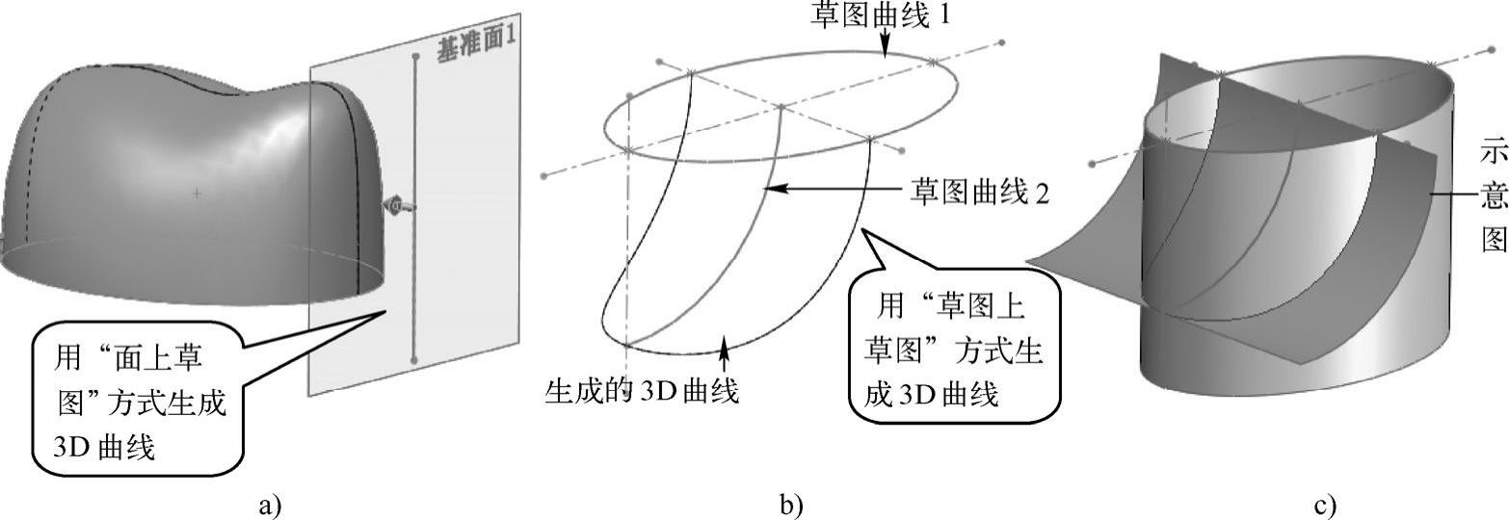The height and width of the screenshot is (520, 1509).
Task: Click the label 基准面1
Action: pos(477,47)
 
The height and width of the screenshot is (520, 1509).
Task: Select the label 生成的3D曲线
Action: pos(643,391)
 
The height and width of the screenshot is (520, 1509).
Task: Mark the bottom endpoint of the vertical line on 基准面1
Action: pos(414,360)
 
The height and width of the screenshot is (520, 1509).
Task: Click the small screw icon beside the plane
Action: pos(396,205)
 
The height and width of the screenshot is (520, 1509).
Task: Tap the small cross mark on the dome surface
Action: pos(198,194)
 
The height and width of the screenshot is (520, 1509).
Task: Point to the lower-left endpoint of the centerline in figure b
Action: pos(546,176)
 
